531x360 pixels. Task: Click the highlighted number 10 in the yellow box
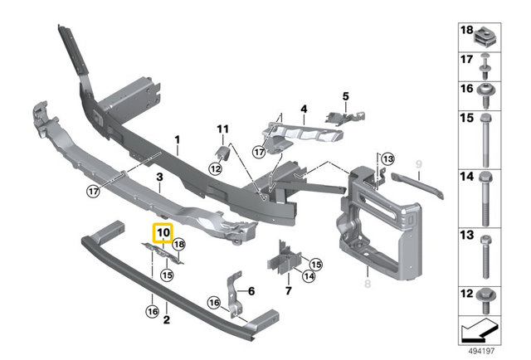pos(162,234)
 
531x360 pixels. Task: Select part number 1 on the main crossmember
pos(177,140)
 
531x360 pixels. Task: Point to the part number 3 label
pos(159,178)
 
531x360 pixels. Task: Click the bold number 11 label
pos(222,129)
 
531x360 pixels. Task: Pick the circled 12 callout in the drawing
pos(215,168)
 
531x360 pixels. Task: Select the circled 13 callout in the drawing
pos(389,158)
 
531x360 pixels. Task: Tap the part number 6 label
pos(252,290)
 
